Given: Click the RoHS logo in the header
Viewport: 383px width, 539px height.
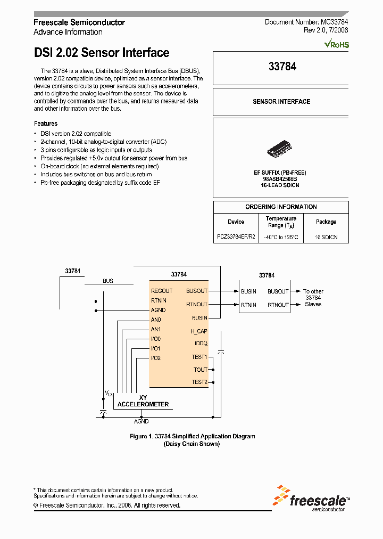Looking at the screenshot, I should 337,45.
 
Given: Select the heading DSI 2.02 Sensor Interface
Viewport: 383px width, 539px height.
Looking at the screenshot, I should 102,53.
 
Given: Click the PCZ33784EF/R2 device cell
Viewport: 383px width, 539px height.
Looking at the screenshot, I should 236,236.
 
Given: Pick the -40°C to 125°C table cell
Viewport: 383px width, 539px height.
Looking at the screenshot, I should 281,236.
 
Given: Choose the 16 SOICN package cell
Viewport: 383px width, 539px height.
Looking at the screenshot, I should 326,236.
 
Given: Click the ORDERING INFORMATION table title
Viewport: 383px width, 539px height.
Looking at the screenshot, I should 281,207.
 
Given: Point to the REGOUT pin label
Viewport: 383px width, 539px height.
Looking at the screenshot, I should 162,291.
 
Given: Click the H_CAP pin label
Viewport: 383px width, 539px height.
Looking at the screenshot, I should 198,331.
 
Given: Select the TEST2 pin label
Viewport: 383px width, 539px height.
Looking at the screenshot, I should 199,382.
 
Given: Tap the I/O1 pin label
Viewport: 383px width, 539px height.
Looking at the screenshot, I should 156,348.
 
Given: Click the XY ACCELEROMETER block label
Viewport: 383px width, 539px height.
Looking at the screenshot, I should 143,401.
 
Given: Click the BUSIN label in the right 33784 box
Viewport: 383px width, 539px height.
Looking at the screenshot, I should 248,291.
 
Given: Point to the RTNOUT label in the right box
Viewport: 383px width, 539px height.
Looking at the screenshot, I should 278,305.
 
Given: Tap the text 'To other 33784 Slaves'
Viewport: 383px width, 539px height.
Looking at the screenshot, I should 313,298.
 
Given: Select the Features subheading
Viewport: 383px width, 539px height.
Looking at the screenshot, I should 46,123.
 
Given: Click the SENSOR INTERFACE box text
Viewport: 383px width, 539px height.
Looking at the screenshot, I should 281,101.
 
